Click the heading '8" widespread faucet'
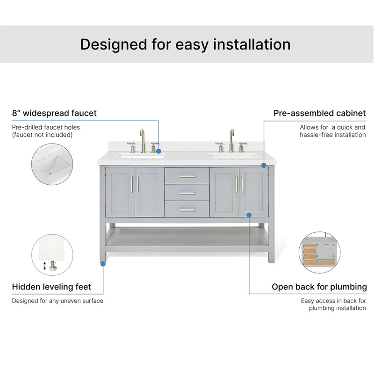54,113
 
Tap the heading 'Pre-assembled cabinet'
320,113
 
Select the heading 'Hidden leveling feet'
51,287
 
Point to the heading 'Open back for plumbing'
319,287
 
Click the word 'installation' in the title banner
252,44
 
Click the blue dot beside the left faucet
158,151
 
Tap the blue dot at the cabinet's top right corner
264,165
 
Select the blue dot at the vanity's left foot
103,264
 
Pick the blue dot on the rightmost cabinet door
249,215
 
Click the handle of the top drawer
187,177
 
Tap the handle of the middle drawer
187,193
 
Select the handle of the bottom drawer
187,210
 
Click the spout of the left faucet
143,141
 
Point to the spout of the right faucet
231,141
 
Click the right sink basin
234,156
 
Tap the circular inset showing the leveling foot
52,255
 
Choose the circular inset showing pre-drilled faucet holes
52,164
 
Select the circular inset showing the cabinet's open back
320,252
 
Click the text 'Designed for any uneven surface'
58,301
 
